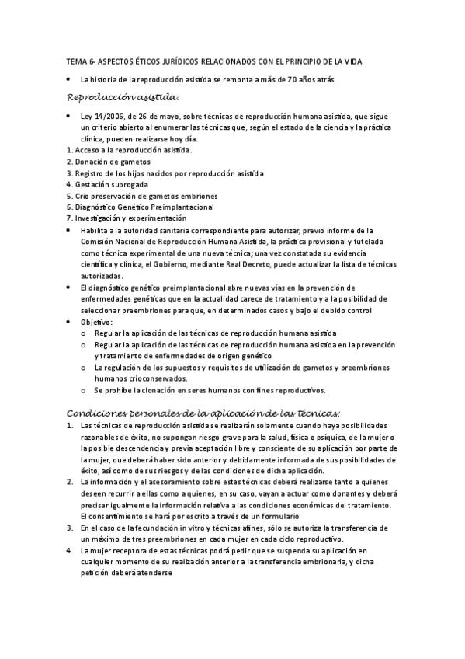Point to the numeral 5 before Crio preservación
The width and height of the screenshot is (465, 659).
click(x=69, y=196)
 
